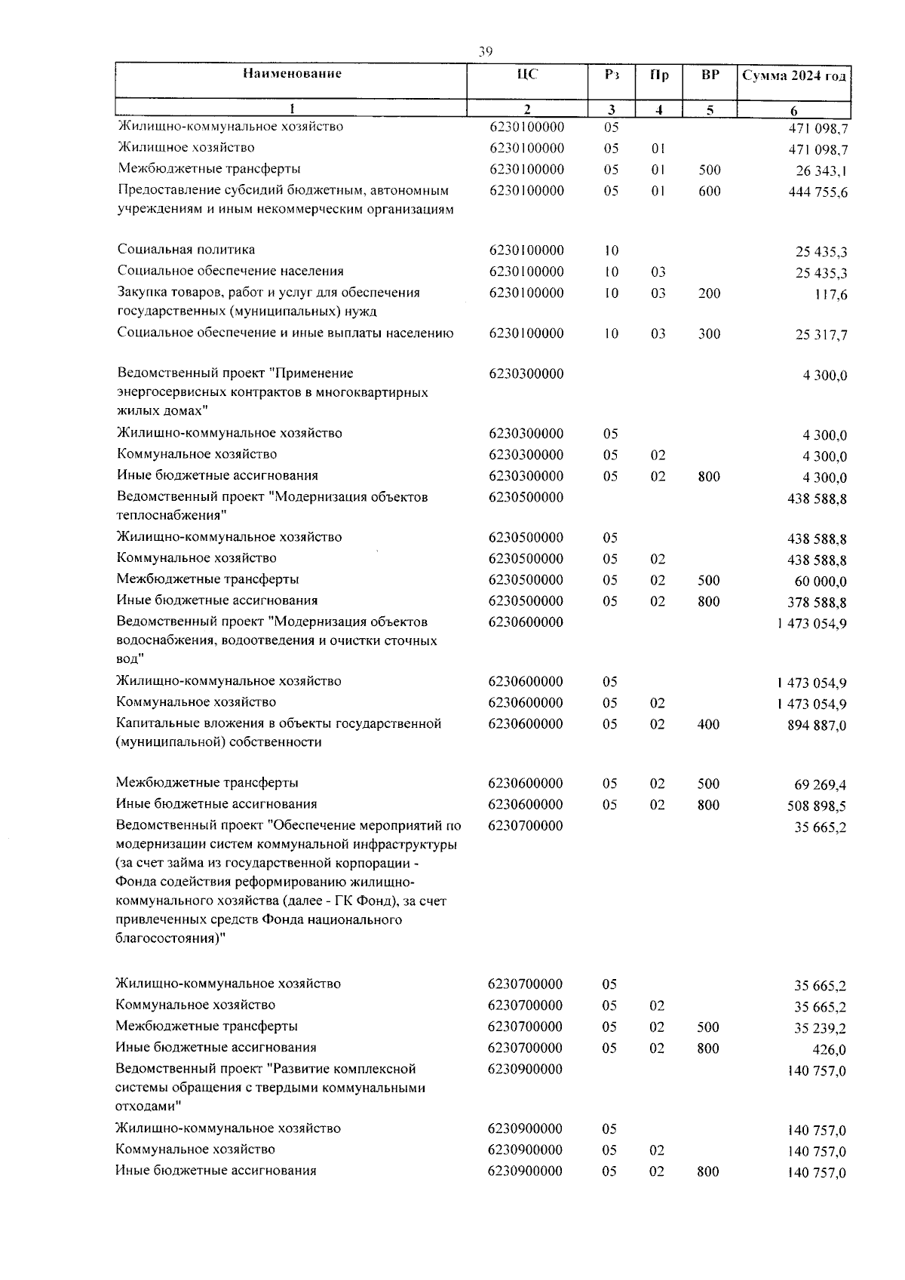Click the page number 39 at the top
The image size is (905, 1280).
pyautogui.click(x=485, y=51)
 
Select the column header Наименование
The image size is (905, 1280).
pyautogui.click(x=292, y=74)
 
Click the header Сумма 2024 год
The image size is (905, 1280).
pyautogui.click(x=793, y=75)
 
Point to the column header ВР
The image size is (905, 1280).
pyautogui.click(x=709, y=75)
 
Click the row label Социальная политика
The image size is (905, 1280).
pyautogui.click(x=186, y=250)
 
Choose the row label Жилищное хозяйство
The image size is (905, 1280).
pyautogui.click(x=186, y=148)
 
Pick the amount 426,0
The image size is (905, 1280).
pyautogui.click(x=830, y=1049)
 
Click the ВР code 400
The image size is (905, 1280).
pyautogui.click(x=708, y=725)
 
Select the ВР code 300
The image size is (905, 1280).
pyautogui.click(x=709, y=334)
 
